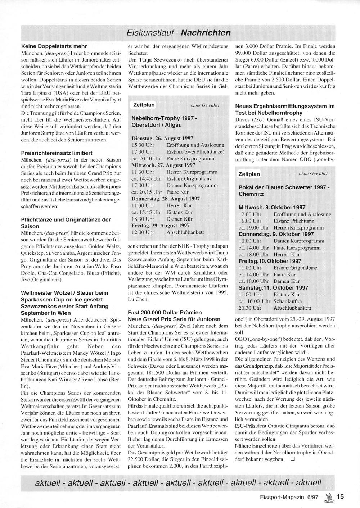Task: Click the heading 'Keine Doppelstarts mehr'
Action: tap(54, 46)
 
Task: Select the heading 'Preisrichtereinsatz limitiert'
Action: tap(57, 153)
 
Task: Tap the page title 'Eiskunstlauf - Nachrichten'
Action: tap(179, 33)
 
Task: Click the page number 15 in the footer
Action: tap(340, 497)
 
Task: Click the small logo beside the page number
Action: tap(329, 497)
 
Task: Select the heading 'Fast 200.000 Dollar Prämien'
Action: tap(165, 312)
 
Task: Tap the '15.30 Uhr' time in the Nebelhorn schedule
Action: tap(143, 145)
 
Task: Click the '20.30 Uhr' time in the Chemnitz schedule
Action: tap(250, 308)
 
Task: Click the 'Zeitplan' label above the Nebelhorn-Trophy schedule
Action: tap(144, 105)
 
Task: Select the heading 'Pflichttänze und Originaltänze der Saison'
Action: tap(66, 223)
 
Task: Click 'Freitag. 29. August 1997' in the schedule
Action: tap(161, 226)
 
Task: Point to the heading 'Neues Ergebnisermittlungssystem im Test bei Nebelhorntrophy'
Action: tap(285, 109)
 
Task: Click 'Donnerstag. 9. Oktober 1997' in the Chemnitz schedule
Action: tap(276, 234)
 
